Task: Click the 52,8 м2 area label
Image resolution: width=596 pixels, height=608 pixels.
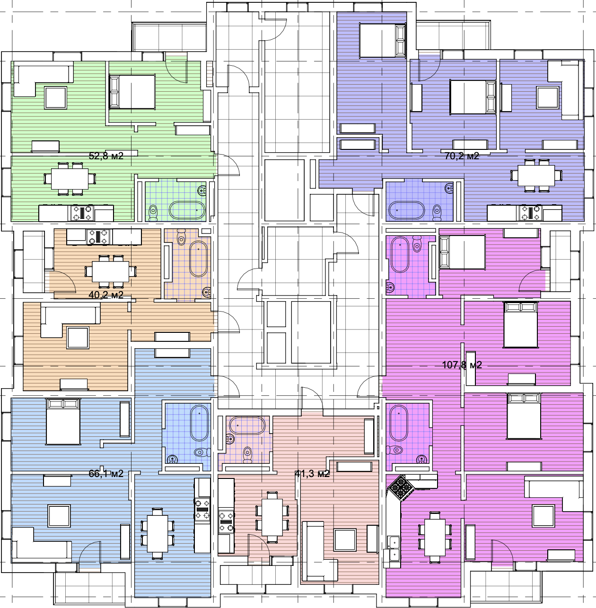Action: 106,156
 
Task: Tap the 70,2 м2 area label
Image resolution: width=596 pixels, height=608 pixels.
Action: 462,156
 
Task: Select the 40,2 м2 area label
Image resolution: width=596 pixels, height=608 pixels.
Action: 106,295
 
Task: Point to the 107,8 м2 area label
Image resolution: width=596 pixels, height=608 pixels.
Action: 462,365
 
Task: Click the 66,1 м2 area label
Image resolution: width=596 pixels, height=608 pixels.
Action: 106,474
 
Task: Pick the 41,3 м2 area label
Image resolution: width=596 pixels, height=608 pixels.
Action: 312,474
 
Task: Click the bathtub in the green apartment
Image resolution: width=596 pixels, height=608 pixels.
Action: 187,210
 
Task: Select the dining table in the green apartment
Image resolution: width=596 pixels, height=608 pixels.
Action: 70,179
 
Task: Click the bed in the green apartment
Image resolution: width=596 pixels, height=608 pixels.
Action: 132,92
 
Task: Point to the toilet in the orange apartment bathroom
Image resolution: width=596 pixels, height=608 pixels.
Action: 181,237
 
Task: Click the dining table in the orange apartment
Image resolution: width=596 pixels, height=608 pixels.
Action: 111,271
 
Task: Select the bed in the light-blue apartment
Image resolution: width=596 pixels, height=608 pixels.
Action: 63,422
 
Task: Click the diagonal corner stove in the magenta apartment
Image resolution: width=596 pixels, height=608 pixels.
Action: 401,488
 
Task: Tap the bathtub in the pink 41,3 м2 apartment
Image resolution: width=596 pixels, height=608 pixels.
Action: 247,426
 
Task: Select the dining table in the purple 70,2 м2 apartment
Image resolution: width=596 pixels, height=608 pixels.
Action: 536,176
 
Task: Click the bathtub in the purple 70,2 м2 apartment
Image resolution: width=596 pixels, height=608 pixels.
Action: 406,210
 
